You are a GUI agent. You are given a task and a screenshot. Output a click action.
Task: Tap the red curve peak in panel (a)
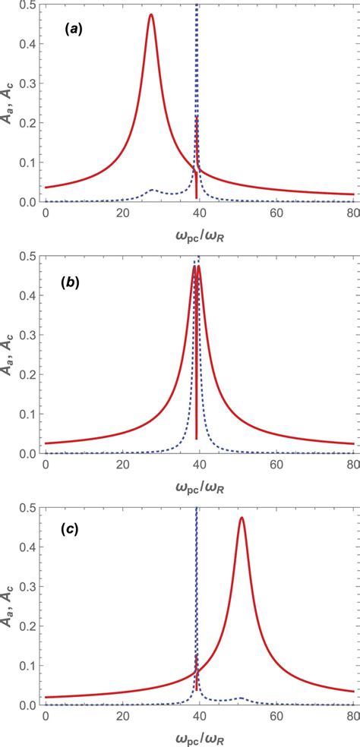(151, 15)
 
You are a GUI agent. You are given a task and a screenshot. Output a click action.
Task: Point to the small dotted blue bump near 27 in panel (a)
(152, 190)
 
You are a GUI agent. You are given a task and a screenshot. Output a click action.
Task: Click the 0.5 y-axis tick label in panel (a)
(27, 5)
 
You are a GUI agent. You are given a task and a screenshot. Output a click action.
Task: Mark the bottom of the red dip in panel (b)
(197, 439)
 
